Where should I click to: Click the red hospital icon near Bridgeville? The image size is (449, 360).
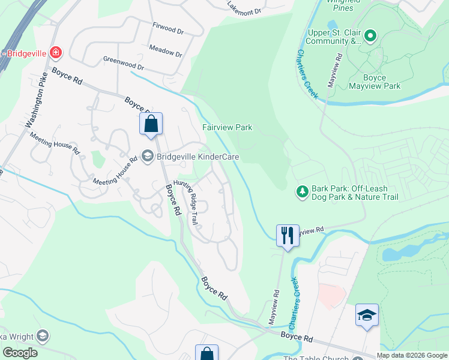55,53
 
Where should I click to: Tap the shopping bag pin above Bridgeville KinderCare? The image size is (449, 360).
151,124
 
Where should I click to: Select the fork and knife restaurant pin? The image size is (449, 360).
288,235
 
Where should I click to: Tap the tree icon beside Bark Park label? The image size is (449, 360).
303,192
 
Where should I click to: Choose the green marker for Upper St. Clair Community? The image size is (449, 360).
370,37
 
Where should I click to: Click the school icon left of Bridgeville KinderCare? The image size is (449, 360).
147,157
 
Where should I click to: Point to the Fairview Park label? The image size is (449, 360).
227,127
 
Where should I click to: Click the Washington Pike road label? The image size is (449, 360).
36,106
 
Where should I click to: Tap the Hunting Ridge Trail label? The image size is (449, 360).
186,202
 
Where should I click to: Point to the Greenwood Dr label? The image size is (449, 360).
124,63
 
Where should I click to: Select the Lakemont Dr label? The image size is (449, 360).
245,7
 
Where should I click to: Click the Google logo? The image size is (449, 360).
19,353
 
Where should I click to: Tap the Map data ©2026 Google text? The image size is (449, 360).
412,355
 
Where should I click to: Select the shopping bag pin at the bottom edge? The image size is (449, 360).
206,353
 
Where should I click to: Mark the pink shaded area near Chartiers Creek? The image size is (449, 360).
332,295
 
